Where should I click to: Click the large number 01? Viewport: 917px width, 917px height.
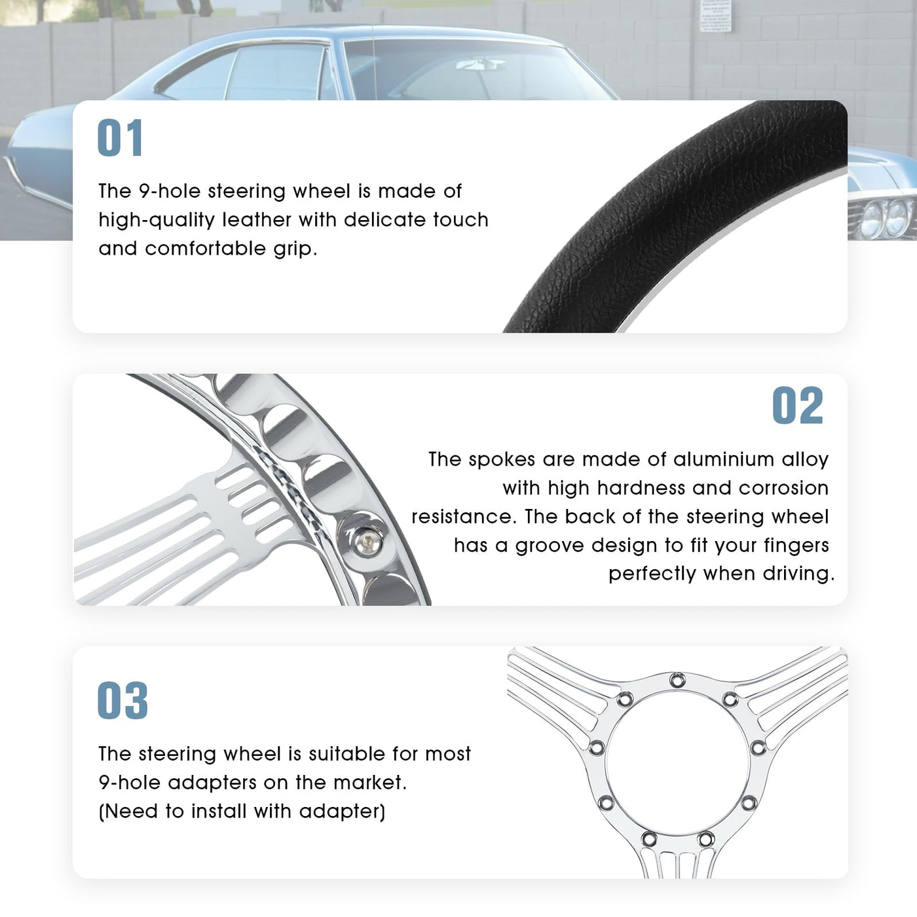point(120,138)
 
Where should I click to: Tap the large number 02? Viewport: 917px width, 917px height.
point(798,405)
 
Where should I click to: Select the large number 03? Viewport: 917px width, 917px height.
point(122,700)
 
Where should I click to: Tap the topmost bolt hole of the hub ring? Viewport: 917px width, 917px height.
point(677,680)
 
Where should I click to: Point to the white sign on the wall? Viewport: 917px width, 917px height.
point(715,16)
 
